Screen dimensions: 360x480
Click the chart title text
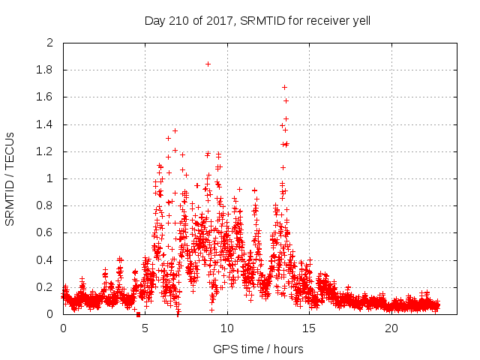pos(257,21)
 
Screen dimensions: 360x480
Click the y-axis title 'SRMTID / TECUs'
pos(10,178)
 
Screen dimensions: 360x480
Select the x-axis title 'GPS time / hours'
pos(257,349)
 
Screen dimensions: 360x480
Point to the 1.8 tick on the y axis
pos(45,70)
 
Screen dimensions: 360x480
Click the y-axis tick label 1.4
pos(45,124)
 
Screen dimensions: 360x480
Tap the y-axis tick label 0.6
pos(45,233)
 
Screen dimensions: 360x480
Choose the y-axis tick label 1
pos(50,178)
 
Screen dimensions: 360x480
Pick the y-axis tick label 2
pos(50,43)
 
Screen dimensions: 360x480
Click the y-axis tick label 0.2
pos(45,287)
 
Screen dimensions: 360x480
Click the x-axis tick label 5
pos(145,328)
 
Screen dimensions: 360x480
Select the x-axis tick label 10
pos(227,328)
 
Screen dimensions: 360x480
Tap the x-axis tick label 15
pos(309,328)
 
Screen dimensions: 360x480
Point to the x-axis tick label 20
pos(391,328)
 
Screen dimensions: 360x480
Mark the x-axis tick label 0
pos(63,328)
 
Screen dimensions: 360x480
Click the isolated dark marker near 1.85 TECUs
pos(208,64)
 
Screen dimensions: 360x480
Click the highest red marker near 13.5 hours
pos(284,87)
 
